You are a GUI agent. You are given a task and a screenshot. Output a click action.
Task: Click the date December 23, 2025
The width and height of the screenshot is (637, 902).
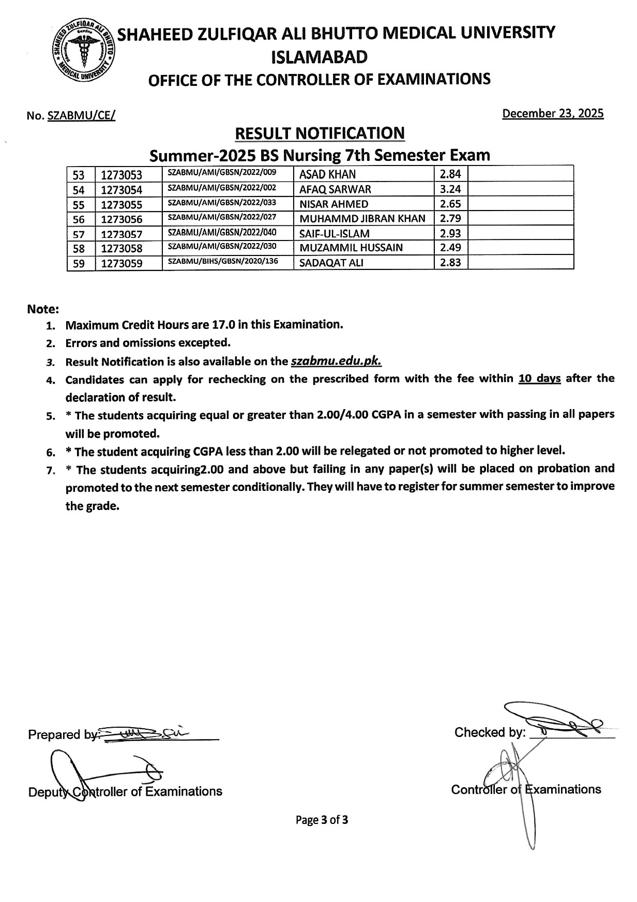[553, 113]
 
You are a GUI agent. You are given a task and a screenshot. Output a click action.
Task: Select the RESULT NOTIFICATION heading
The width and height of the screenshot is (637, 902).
[320, 133]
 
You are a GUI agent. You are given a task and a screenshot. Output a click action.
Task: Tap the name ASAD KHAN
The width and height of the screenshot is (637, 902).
[327, 174]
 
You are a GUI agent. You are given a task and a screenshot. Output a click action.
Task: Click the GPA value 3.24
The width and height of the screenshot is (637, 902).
[450, 189]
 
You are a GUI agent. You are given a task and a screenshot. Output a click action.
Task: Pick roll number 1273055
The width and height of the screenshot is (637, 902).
[122, 204]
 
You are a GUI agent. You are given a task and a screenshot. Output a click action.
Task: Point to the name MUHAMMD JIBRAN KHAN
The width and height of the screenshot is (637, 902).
[362, 218]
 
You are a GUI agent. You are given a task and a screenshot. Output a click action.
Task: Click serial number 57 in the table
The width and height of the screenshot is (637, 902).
[79, 234]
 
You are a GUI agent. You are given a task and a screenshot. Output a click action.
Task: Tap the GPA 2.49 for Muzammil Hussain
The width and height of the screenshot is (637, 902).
[450, 247]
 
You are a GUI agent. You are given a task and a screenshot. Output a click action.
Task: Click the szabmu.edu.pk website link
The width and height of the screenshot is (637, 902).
[336, 361]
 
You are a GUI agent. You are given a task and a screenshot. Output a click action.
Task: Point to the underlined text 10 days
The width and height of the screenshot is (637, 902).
[539, 378]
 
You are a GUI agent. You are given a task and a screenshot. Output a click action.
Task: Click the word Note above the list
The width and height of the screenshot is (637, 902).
[43, 309]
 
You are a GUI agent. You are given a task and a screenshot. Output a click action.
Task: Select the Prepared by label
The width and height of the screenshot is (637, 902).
[62, 734]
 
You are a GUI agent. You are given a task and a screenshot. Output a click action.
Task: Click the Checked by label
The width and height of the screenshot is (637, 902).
[489, 732]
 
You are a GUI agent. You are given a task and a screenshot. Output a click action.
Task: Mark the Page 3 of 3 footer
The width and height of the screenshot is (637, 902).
[322, 820]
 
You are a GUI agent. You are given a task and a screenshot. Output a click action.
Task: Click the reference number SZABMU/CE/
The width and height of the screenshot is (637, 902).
[81, 116]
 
